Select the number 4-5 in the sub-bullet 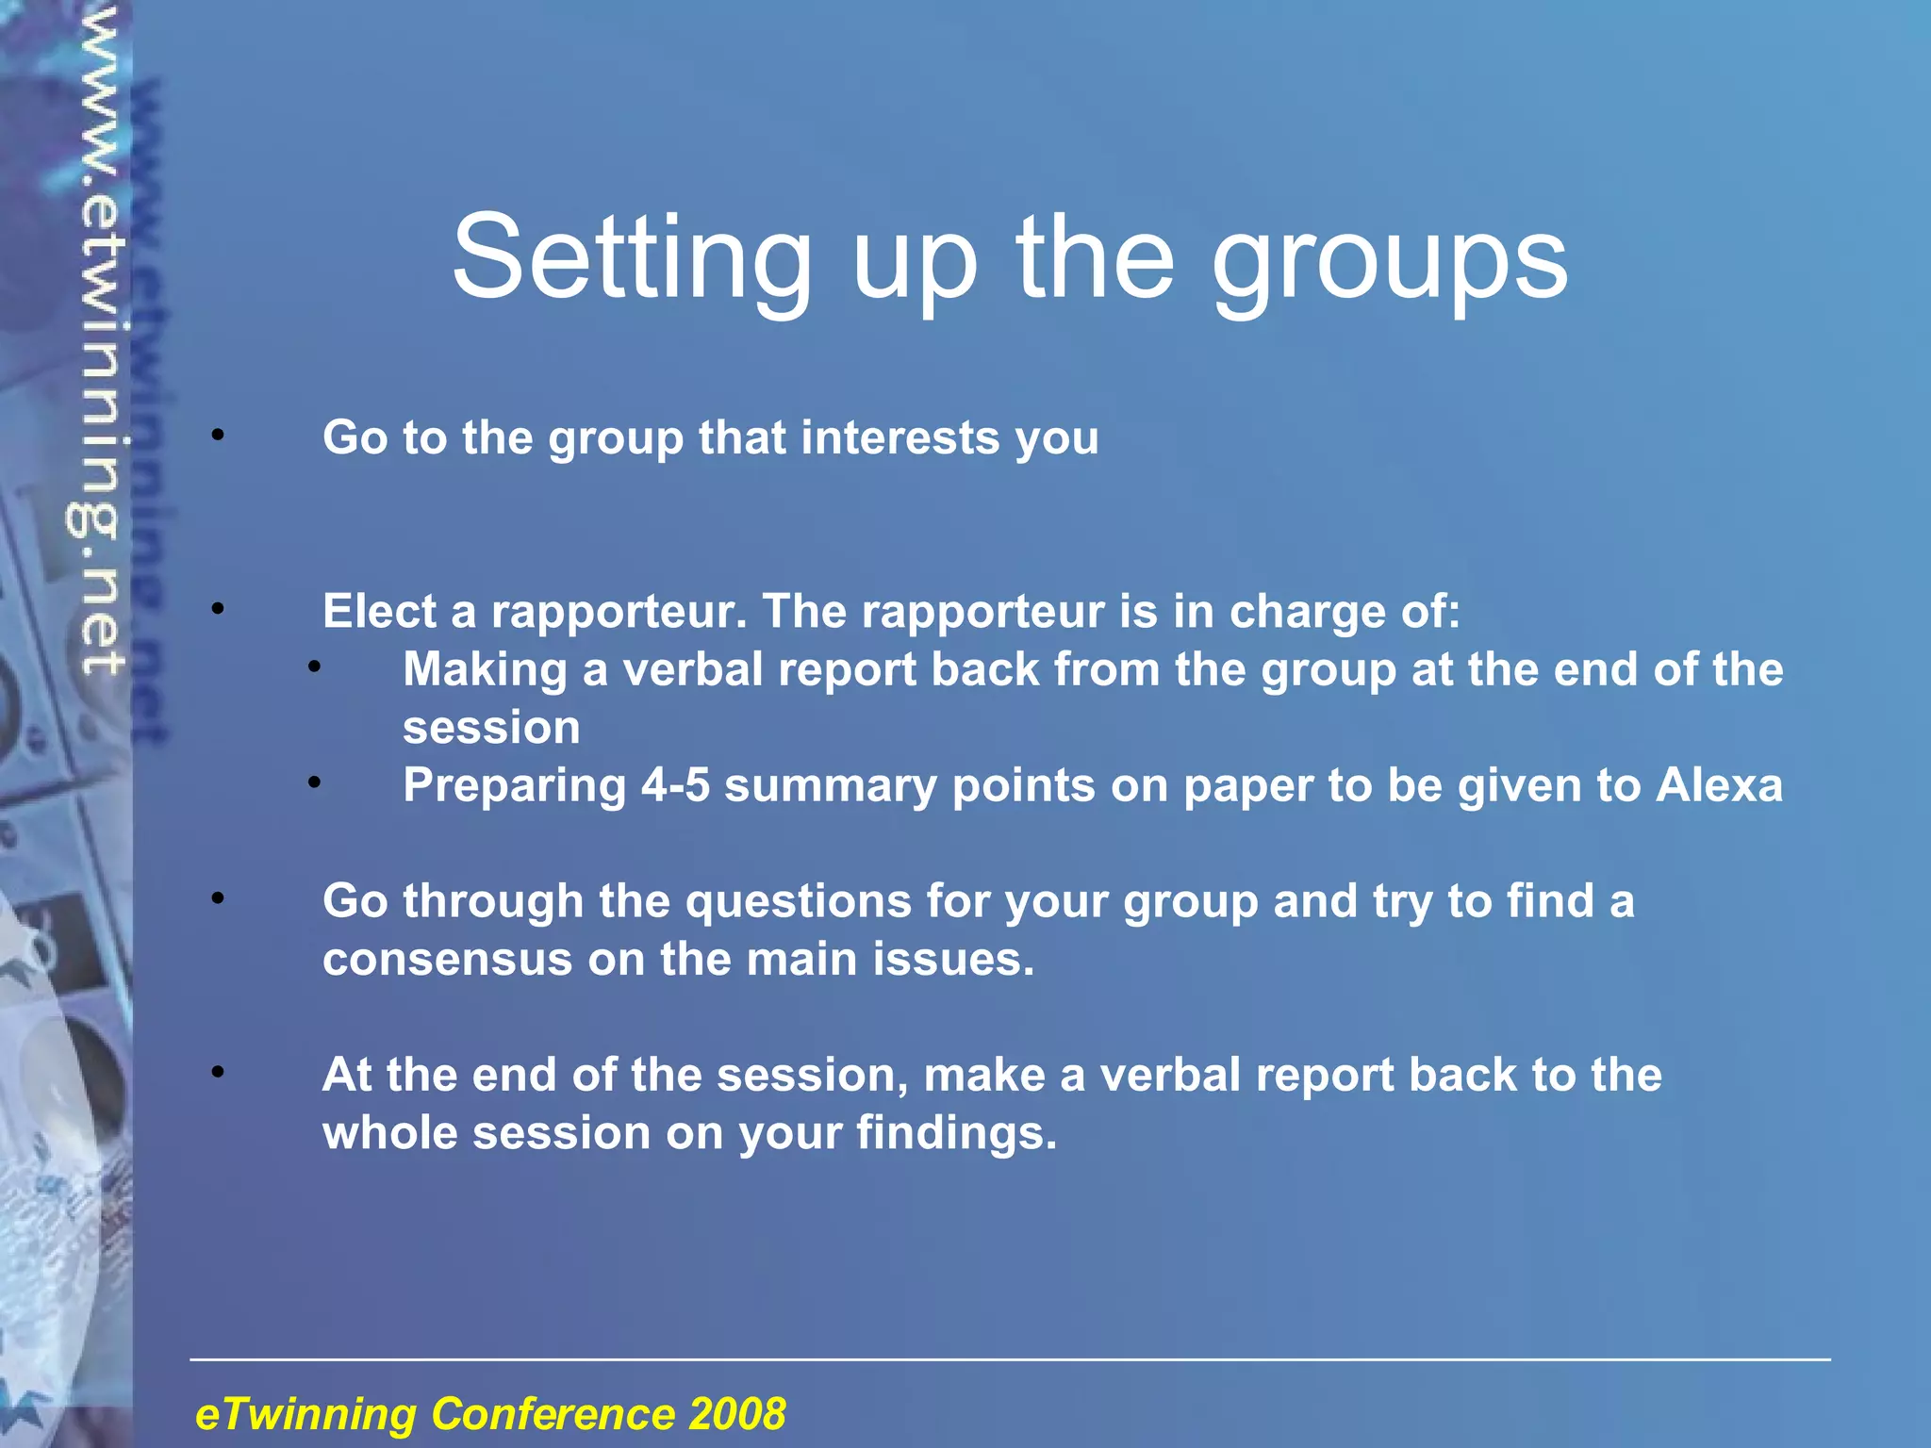pos(675,785)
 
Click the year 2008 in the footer pos(736,1414)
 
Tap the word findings pos(955,1133)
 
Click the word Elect pos(378,611)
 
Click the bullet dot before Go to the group pos(218,436)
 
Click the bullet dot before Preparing pos(314,782)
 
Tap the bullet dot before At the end pos(218,1072)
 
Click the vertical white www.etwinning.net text pos(100,339)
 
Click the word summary pos(830,785)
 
